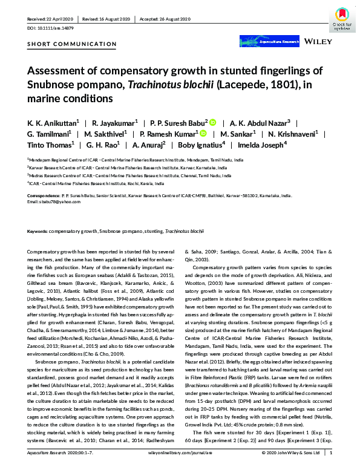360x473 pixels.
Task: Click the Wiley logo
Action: click(x=319, y=44)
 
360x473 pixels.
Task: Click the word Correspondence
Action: click(x=45, y=196)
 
